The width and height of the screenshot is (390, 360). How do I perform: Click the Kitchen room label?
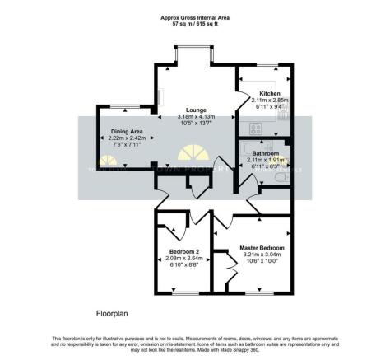[x=270, y=94]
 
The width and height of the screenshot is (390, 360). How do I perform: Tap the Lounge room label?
[x=195, y=110]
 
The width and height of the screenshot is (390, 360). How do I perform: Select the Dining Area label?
[x=128, y=131]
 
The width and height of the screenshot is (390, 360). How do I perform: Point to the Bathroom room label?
[x=266, y=154]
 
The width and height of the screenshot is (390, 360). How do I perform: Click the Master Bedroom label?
[x=262, y=248]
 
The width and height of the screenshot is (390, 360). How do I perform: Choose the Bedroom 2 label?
[x=184, y=251]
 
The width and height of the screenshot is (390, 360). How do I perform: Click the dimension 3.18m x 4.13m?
[x=195, y=117]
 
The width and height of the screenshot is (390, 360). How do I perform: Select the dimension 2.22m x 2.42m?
[x=128, y=138]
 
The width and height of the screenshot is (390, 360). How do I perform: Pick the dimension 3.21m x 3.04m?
[x=262, y=255]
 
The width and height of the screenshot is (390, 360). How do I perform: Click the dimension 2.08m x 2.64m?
[x=184, y=259]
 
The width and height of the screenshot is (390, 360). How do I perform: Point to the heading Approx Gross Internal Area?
[x=194, y=16]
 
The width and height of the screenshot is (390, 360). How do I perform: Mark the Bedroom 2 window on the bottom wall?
[x=185, y=292]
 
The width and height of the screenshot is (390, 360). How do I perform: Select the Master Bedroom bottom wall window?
[x=260, y=292]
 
